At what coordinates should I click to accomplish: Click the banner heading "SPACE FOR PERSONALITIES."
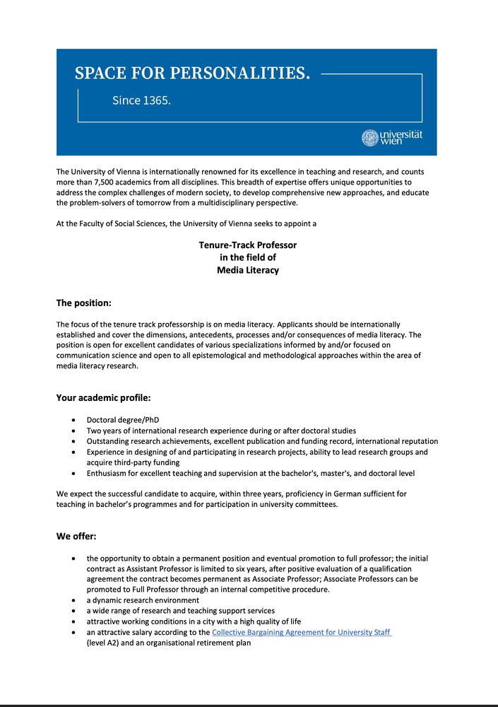(x=192, y=73)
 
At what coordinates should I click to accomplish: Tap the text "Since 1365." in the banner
(x=141, y=100)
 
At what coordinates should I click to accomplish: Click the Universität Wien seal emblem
(x=369, y=138)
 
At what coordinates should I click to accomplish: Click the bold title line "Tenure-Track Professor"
(x=247, y=245)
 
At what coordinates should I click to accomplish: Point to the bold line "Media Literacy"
(x=247, y=270)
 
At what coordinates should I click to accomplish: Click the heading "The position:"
(x=84, y=303)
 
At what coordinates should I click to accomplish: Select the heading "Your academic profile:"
(x=103, y=397)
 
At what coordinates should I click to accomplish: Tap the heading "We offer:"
(x=76, y=536)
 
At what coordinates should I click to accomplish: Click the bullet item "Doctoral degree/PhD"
(x=123, y=420)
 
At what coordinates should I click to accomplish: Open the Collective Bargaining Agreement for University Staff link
(x=302, y=632)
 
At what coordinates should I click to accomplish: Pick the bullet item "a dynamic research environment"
(x=143, y=600)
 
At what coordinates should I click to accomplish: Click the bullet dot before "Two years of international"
(x=74, y=431)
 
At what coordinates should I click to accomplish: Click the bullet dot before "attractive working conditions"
(x=74, y=621)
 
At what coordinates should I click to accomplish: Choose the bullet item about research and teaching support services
(x=181, y=611)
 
